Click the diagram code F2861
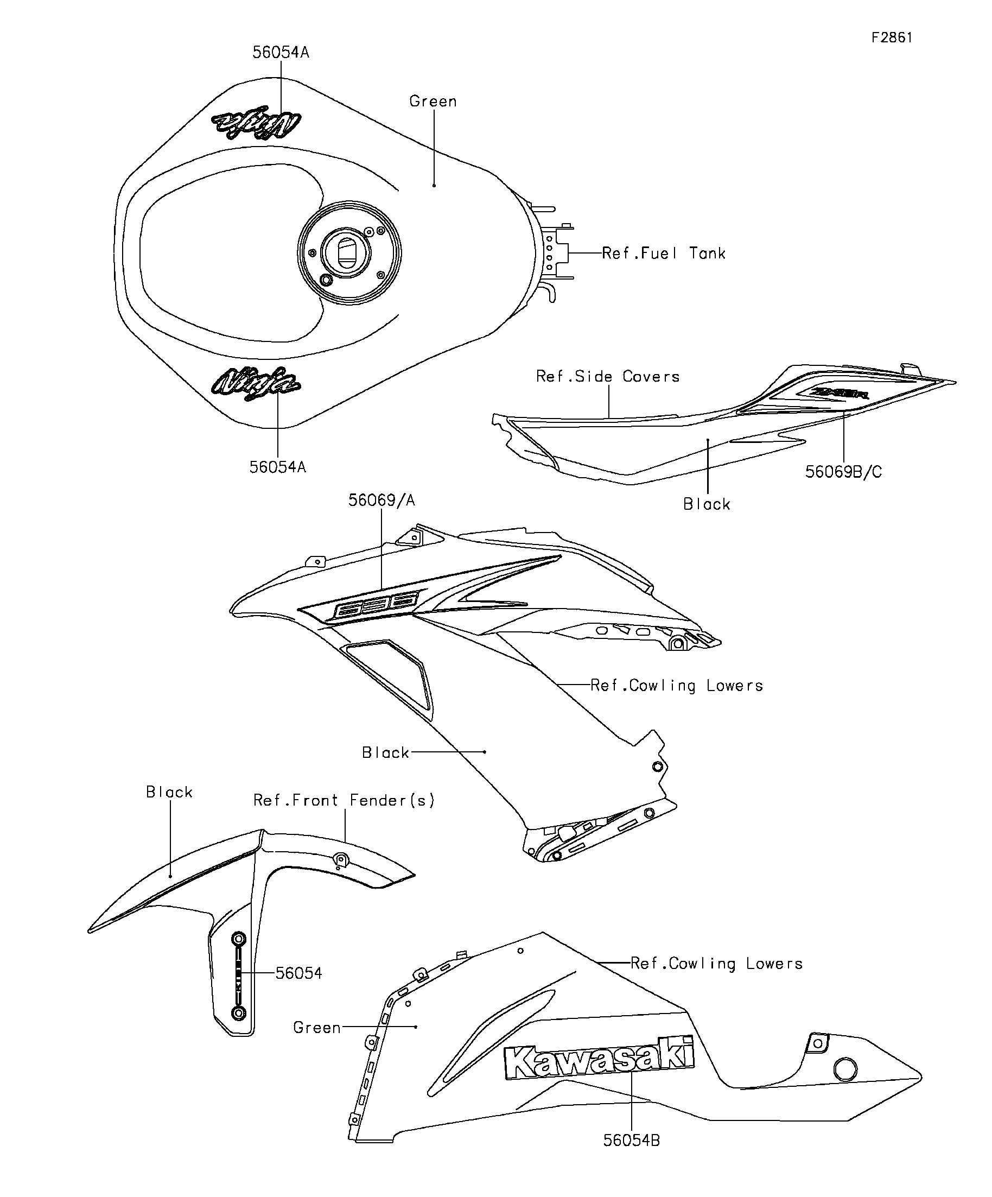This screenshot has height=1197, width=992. click(892, 37)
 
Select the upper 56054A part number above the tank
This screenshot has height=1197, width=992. click(281, 53)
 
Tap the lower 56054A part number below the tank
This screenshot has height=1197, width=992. click(277, 467)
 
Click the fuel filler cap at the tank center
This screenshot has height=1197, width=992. click(349, 252)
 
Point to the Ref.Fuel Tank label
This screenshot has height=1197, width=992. click(663, 253)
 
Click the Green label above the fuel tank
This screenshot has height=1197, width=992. click(433, 102)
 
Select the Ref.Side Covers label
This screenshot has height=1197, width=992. click(608, 376)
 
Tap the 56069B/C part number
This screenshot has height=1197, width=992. click(843, 471)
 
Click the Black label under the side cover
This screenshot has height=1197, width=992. click(707, 504)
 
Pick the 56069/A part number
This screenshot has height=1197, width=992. click(381, 501)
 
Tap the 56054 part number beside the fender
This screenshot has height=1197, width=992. click(298, 973)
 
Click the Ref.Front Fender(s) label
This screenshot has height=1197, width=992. click(344, 800)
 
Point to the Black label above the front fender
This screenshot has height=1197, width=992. click(169, 793)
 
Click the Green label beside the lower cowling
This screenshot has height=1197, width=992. click(317, 1028)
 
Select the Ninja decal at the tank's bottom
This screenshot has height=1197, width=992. click(255, 383)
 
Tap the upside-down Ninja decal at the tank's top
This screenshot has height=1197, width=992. click(256, 122)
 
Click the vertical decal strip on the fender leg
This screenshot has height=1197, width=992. click(239, 976)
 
